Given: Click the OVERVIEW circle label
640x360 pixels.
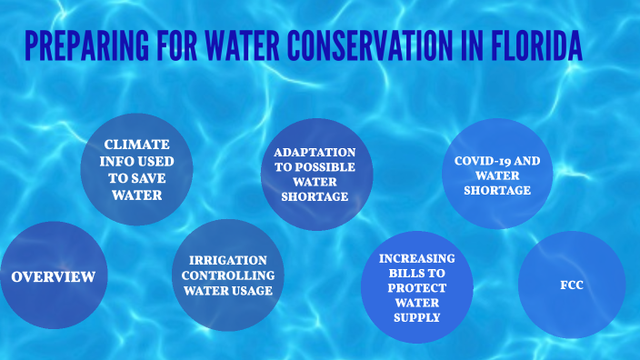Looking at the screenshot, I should click(54, 276).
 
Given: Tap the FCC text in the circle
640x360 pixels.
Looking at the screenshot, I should click(572, 285).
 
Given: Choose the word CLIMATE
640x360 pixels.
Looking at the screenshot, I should click(136, 145).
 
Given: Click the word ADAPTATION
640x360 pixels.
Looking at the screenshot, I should click(315, 152).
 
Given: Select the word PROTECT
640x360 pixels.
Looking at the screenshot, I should click(418, 288).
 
